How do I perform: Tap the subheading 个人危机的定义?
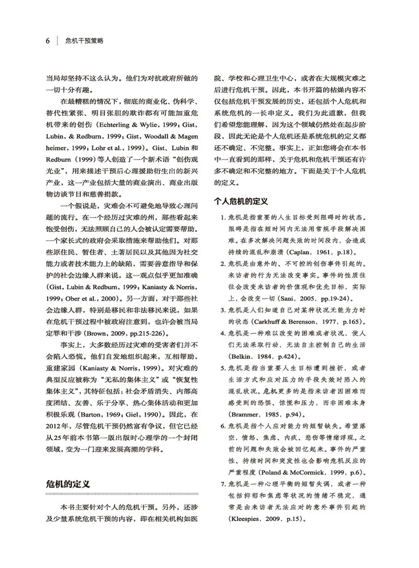[x=241, y=201]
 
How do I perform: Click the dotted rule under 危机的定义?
[x=122, y=495]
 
